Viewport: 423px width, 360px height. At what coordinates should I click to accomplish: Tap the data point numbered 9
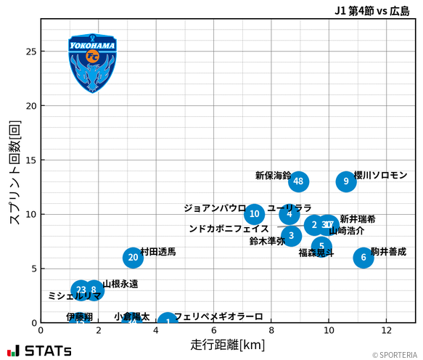click(x=346, y=181)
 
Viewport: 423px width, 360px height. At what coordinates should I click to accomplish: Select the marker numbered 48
click(x=298, y=181)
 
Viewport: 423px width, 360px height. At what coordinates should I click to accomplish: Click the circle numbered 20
click(x=132, y=258)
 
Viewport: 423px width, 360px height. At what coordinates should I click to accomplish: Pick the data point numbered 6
click(x=364, y=258)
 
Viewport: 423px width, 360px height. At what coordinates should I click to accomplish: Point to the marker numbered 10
click(x=254, y=214)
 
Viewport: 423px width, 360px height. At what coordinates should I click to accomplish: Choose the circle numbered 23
click(x=81, y=290)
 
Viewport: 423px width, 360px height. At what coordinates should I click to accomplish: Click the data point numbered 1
click(x=168, y=322)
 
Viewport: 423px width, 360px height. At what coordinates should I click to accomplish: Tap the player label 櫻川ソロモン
click(x=381, y=176)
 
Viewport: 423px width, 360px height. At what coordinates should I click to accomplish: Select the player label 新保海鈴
click(x=273, y=176)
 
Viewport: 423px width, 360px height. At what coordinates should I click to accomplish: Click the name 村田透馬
click(x=158, y=252)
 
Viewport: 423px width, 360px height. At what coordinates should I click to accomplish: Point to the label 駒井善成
click(x=389, y=252)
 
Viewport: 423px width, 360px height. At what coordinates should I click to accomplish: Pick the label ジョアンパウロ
click(x=215, y=208)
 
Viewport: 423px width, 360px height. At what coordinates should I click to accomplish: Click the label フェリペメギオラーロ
click(x=218, y=317)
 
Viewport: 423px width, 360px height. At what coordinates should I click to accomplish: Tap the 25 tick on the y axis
click(x=30, y=52)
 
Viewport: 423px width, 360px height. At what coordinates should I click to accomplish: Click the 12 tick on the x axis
click(x=386, y=331)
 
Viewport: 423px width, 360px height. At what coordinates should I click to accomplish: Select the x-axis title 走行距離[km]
click(x=228, y=343)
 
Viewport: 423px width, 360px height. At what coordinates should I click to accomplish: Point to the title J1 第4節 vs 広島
click(x=371, y=10)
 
